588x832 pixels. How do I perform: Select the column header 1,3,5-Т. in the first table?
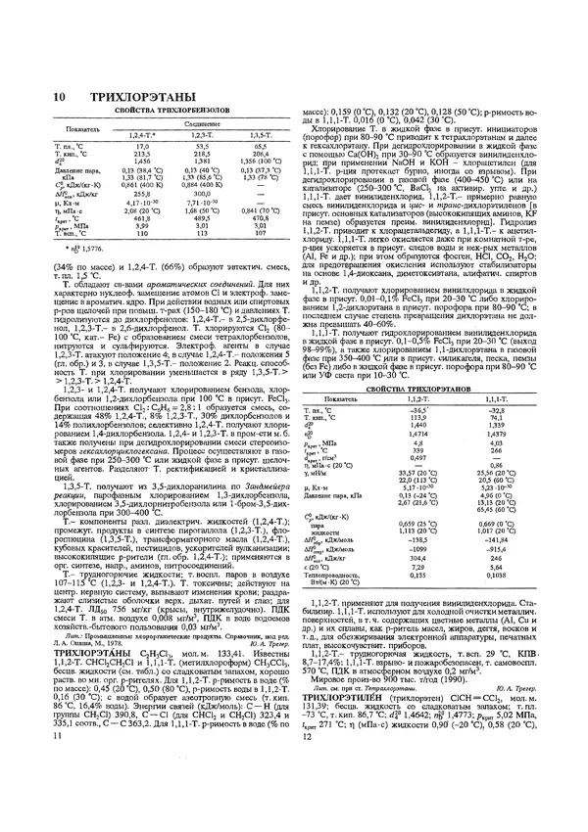pyautogui.click(x=260, y=134)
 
